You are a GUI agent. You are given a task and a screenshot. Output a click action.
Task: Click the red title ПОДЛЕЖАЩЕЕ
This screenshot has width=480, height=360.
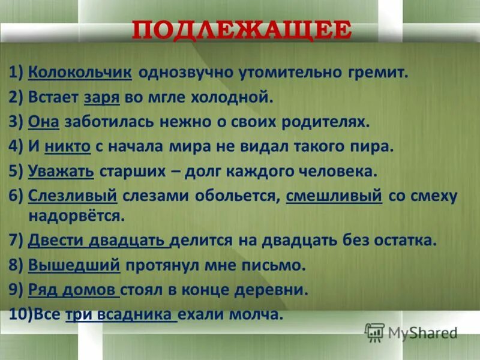[x=241, y=30]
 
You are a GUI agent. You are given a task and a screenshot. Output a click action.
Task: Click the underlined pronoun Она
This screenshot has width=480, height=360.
[x=43, y=122]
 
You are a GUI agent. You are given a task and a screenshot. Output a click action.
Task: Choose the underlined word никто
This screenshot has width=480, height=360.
[x=71, y=147]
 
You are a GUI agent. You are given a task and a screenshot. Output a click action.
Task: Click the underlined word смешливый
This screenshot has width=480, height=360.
[x=334, y=196]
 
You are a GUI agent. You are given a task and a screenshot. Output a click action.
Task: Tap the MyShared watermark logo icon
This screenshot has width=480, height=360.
[x=374, y=332]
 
